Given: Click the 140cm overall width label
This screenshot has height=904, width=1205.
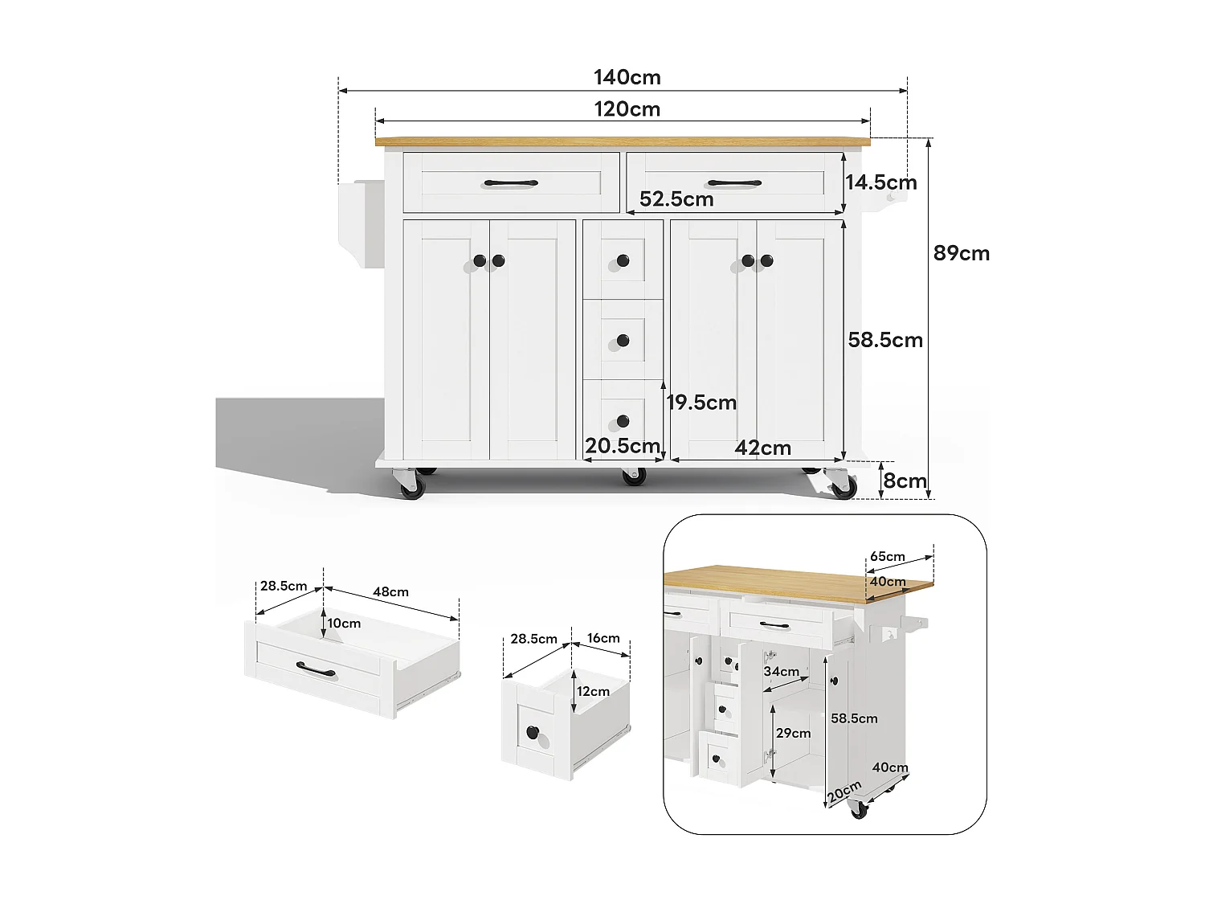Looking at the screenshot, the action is coord(627,77).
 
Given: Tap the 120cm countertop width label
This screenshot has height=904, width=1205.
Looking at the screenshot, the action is coord(627,109).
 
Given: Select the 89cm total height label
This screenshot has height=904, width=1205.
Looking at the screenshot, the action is coord(962,253).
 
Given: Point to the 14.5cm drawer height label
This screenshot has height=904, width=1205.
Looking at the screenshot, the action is coord(880,182).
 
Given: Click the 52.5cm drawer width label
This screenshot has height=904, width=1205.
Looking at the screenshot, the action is coord(676,198).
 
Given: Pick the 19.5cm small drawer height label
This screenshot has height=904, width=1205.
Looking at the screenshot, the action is coord(701,403).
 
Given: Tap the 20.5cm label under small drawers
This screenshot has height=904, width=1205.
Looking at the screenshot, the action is coord(622,446).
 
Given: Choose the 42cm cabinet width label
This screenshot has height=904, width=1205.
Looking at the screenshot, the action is coord(762,448).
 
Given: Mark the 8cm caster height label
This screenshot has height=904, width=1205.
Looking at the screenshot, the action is coord(905,481).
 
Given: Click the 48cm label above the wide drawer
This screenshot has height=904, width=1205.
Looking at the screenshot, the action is coord(390,591).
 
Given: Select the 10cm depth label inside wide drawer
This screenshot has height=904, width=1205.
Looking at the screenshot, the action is coord(344,623).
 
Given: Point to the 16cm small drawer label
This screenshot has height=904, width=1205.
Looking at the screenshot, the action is coord(603,638).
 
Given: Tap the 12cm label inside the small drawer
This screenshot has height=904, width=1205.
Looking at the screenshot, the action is coord(593,691).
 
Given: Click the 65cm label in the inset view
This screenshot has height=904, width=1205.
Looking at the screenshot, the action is coord(887,556).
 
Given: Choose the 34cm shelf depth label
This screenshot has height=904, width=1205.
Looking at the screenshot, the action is coord(781,671).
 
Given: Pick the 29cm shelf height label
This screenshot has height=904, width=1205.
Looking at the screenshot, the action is coord(793,733).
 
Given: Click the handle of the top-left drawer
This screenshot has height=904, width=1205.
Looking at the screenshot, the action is coord(511,183).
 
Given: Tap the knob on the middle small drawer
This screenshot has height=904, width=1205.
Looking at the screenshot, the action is coord(623,341).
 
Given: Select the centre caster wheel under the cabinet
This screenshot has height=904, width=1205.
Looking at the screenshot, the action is coord(634,476).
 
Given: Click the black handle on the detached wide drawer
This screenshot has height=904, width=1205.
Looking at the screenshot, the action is coord(316,669).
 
